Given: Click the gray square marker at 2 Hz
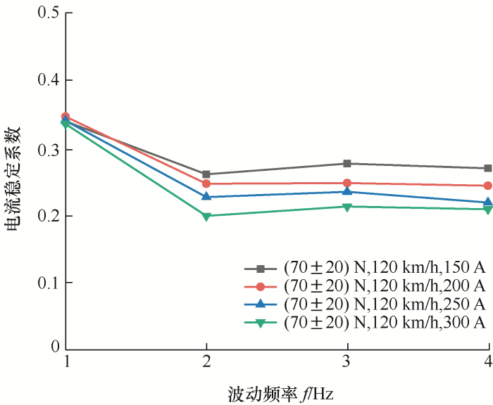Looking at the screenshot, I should [x=206, y=174].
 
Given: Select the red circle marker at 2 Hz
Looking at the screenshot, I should [x=206, y=184].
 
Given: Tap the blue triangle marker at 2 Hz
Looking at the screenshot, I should [x=206, y=197].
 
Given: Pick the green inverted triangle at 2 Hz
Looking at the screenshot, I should [x=206, y=217].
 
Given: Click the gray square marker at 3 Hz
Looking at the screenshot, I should [x=347, y=164].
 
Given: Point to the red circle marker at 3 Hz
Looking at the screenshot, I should [x=347, y=183].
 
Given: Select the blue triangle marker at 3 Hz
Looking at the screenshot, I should [x=347, y=191].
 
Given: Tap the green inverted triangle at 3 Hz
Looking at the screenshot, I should [x=347, y=207].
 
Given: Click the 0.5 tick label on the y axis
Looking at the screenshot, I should [x=47, y=14].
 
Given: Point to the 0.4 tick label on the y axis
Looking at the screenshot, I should [x=47, y=80].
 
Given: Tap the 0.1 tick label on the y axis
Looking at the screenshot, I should [x=47, y=283].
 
